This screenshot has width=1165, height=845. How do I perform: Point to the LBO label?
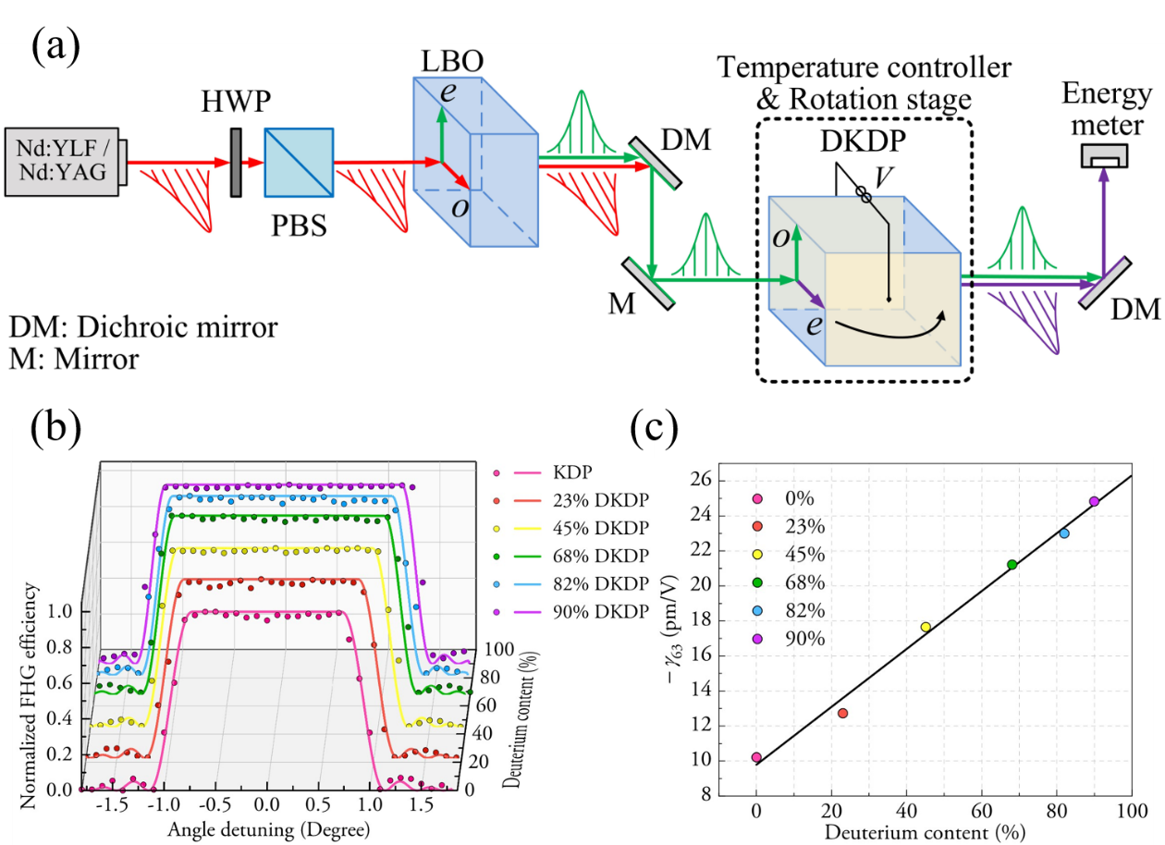pos(448,63)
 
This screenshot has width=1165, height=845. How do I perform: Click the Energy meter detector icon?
pos(1104,156)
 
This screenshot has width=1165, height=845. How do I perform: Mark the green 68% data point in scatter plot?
pos(1012,564)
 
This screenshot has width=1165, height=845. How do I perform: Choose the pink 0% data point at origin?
pos(756,757)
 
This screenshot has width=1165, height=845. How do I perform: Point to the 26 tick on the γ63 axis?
pos(727,479)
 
